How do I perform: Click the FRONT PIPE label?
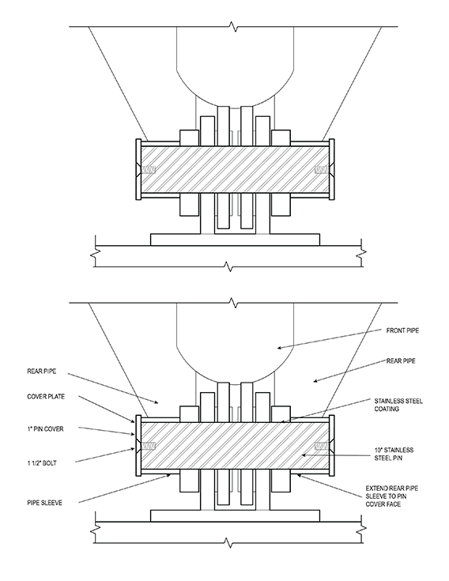pos(402,330)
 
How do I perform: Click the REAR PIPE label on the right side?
pos(401,361)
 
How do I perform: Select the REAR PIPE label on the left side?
pos(41,371)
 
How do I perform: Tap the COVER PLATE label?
pos(46,397)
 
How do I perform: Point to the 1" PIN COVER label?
pos(45,429)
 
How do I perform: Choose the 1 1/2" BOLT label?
pos(41,462)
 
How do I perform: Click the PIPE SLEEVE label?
pos(44,503)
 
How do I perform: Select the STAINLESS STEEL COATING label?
pos(398,405)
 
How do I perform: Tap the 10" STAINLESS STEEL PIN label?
pos(394,454)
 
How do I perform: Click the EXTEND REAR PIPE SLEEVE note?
pos(392,496)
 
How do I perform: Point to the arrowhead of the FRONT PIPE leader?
pos(279,348)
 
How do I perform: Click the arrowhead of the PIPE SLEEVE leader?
pos(169,475)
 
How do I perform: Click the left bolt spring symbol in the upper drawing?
pos(149,170)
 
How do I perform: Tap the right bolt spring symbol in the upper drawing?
pos(321,170)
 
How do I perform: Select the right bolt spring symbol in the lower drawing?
pos(321,446)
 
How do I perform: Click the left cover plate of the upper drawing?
pos(138,170)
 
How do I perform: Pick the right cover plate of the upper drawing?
pos(331,170)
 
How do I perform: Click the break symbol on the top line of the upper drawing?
pos(233,27)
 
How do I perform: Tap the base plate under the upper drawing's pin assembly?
pos(235,240)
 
